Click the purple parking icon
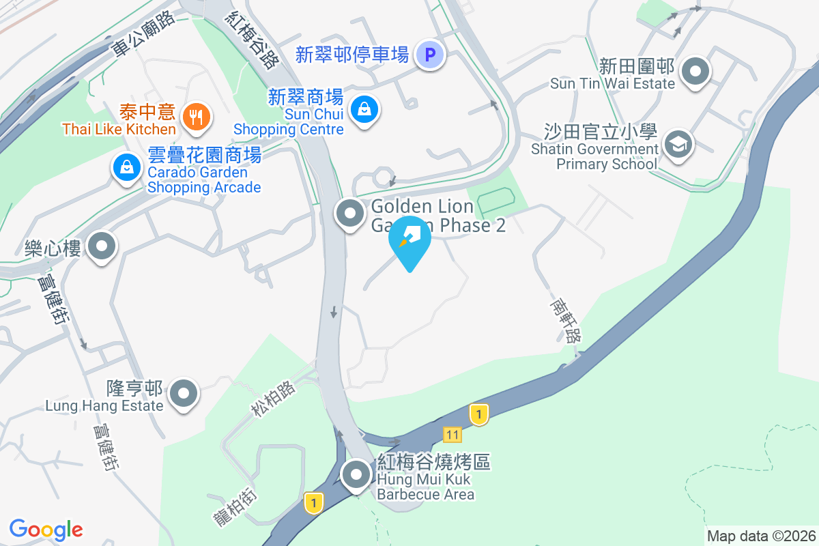point(430,55)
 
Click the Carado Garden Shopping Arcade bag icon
point(127,167)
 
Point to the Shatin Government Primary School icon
point(678,145)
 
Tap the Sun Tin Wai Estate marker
point(695,71)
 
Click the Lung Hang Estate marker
point(184,394)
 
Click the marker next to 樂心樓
point(103,246)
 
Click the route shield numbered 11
point(452,435)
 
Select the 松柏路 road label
point(273,399)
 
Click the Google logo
point(46,529)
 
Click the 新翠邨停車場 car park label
point(351,55)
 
